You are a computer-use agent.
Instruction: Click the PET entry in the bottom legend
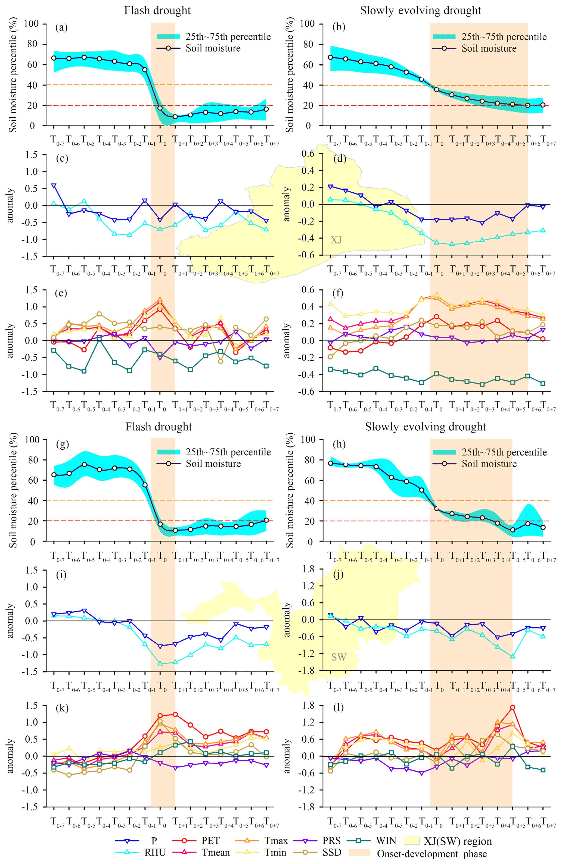pyautogui.click(x=210, y=840)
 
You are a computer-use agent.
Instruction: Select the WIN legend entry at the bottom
pyautogui.click(x=386, y=840)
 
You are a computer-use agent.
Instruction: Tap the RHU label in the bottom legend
pyautogui.click(x=155, y=852)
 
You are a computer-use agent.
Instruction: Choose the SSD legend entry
pyautogui.click(x=332, y=852)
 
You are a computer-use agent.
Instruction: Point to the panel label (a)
pyautogui.click(x=61, y=27)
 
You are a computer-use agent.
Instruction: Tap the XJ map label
pyautogui.click(x=336, y=240)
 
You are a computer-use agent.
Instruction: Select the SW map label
pyautogui.click(x=338, y=657)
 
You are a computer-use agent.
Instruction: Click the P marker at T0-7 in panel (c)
pyautogui.click(x=54, y=186)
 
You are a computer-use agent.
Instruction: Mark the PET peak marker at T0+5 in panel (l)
pyautogui.click(x=513, y=708)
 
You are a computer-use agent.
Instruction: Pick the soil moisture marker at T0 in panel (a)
pyautogui.click(x=160, y=108)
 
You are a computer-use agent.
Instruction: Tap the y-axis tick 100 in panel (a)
pyautogui.click(x=31, y=24)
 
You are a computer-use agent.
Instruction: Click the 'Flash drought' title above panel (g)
pyautogui.click(x=159, y=427)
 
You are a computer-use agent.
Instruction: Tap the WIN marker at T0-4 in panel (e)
pyautogui.click(x=99, y=338)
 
